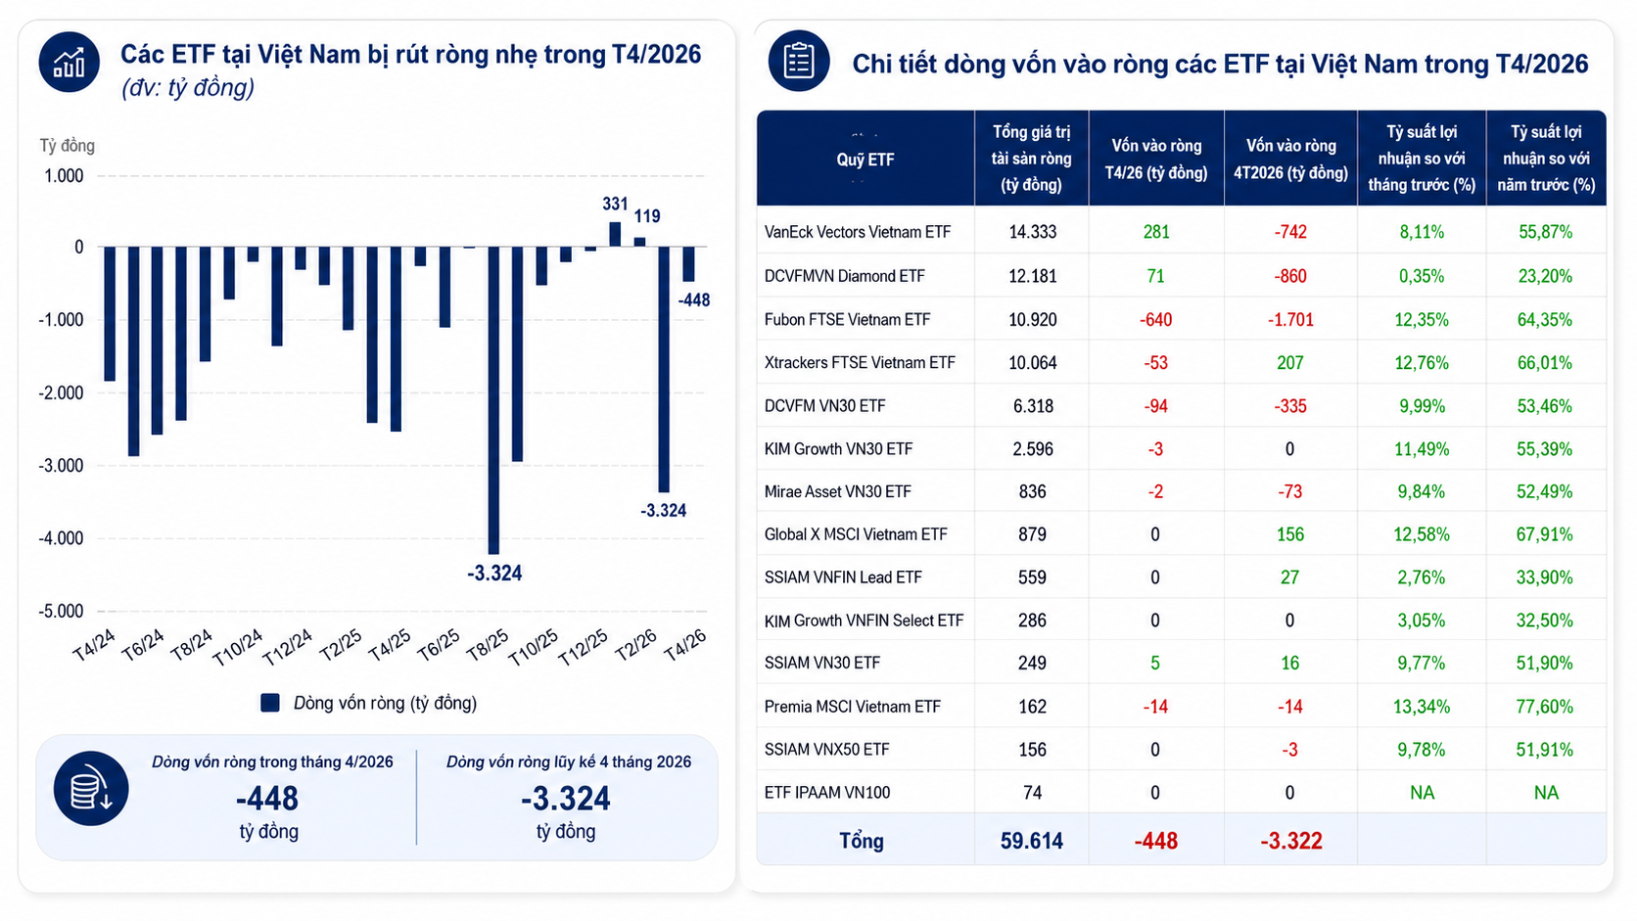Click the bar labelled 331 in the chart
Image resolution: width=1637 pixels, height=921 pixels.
tap(615, 235)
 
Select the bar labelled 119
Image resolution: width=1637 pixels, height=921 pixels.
tap(639, 242)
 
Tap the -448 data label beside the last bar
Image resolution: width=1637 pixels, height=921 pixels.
tap(693, 300)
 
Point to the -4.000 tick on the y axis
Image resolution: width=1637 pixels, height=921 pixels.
tap(62, 538)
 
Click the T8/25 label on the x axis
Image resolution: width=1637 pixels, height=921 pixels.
tap(487, 645)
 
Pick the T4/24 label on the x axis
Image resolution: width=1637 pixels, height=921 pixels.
tap(94, 645)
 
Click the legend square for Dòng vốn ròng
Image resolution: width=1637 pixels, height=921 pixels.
tap(270, 703)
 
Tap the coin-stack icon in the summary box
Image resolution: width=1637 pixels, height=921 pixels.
tap(91, 789)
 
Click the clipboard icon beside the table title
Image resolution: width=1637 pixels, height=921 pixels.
tap(799, 61)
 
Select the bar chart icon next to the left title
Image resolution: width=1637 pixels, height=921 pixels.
tap(70, 62)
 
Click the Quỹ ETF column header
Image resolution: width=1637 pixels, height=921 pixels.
tap(865, 160)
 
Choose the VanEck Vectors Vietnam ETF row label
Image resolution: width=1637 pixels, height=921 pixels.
tap(858, 232)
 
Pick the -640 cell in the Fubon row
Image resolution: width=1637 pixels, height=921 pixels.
tap(1155, 320)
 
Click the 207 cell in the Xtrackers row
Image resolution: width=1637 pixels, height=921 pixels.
tap(1289, 363)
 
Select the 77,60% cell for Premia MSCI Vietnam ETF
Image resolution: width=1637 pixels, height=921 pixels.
tap(1545, 707)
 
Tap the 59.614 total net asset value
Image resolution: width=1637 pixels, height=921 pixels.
tap(1031, 841)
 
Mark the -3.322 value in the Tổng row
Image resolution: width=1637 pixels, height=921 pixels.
tap(1290, 841)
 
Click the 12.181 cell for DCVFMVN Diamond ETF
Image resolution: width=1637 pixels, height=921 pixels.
tap(1032, 276)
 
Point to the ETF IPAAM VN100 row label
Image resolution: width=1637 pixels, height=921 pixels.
tap(827, 793)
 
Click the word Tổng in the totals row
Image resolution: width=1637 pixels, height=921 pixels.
tap(862, 841)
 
